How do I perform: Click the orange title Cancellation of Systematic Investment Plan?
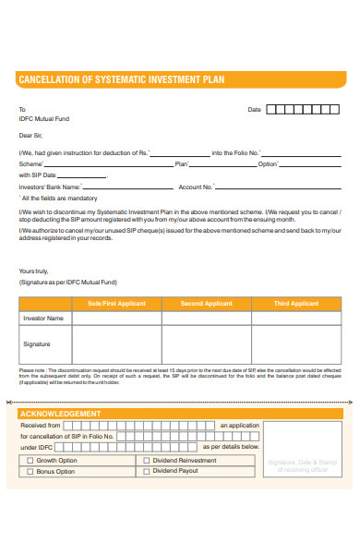tap(121, 79)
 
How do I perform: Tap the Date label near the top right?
tap(255, 109)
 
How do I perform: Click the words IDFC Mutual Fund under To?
tap(43, 119)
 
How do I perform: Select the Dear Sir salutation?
tap(31, 135)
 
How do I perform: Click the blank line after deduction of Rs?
tap(179, 154)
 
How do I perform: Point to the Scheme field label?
tap(30, 164)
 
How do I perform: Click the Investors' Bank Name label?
tap(44, 187)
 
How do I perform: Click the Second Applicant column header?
tap(206, 304)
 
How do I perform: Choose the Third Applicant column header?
tap(297, 304)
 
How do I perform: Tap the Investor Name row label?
tap(43, 319)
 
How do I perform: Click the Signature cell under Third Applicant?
tap(297, 346)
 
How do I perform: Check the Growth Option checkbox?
tap(30, 460)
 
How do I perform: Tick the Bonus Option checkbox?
tap(30, 471)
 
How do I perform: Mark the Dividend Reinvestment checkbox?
tap(146, 460)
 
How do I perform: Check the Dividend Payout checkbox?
tap(146, 471)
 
